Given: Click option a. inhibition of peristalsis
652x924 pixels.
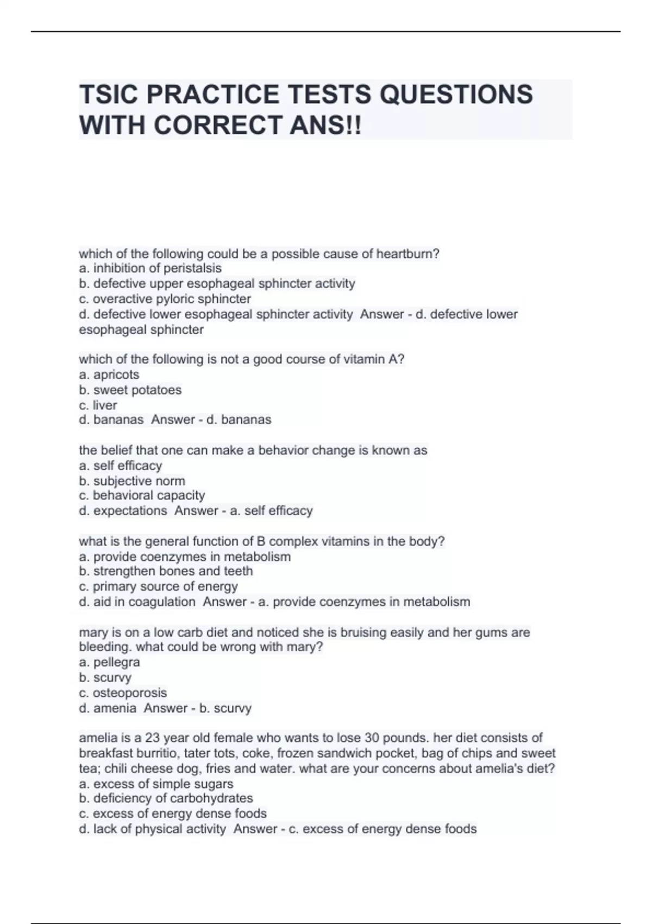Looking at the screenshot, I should pyautogui.click(x=150, y=269).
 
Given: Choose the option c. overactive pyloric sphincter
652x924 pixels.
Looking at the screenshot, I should pyautogui.click(x=165, y=299).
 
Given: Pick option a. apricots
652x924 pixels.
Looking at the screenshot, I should pyautogui.click(x=109, y=374).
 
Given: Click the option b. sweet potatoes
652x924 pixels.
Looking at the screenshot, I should pyautogui.click(x=130, y=390).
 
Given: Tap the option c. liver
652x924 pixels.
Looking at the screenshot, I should pyautogui.click(x=98, y=405).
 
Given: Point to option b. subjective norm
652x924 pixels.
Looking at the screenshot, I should pyautogui.click(x=132, y=481).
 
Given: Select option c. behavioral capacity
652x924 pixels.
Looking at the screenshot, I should pyautogui.click(x=142, y=496).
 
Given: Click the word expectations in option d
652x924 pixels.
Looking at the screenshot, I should pyautogui.click(x=130, y=511).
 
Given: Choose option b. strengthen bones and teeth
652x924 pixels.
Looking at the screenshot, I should pyautogui.click(x=166, y=571).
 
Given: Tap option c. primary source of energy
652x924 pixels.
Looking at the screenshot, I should pyautogui.click(x=158, y=586).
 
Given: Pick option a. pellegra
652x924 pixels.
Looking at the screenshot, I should pyautogui.click(x=109, y=662).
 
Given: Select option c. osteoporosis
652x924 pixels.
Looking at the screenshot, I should pyautogui.click(x=123, y=693).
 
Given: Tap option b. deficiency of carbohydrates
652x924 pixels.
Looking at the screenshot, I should pyautogui.click(x=166, y=798).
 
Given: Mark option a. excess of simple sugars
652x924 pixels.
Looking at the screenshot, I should pyautogui.click(x=156, y=784).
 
